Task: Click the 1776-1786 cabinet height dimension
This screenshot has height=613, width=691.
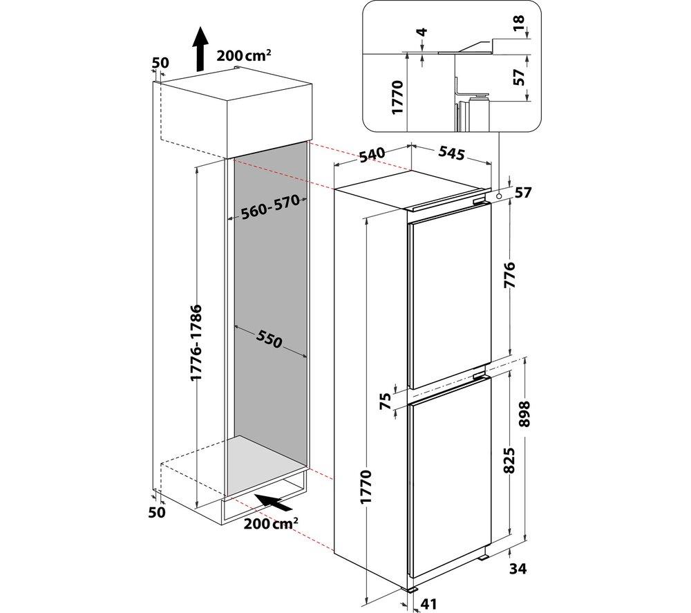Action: point(196,342)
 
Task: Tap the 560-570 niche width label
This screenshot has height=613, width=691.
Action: point(270,207)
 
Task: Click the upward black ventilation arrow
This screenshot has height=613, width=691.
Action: point(200,48)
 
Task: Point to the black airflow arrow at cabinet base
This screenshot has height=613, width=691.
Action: point(274,502)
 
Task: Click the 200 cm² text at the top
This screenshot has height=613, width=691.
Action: point(244,55)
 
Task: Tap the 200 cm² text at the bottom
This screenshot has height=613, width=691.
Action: point(270,524)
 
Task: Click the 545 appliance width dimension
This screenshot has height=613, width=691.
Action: point(451,153)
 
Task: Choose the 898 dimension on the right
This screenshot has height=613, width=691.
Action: point(525,414)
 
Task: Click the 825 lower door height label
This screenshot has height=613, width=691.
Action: point(509,460)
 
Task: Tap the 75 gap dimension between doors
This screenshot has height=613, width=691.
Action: point(385,402)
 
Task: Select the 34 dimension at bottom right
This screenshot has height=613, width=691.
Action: point(518,569)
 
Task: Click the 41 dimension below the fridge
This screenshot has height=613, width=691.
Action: point(429,603)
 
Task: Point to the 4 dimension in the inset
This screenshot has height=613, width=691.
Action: point(422,32)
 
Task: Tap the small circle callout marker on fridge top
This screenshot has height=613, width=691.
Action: point(498,196)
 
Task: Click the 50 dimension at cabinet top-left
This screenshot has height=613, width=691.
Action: point(160,63)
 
